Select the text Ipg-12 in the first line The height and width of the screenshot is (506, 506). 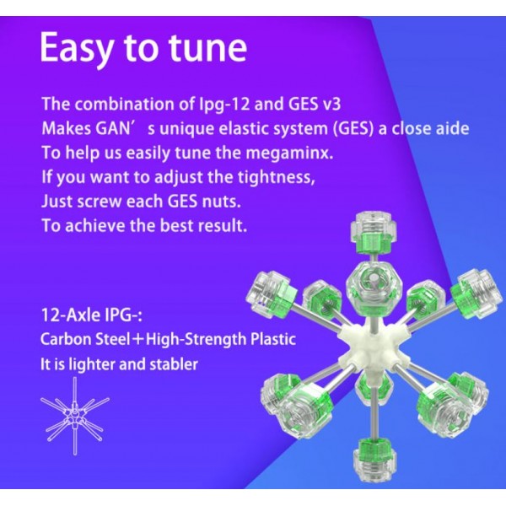223,105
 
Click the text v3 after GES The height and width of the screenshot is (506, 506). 331,105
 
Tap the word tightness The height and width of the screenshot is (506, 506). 277,177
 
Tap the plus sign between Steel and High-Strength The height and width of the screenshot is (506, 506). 138,340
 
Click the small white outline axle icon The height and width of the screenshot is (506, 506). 75,416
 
